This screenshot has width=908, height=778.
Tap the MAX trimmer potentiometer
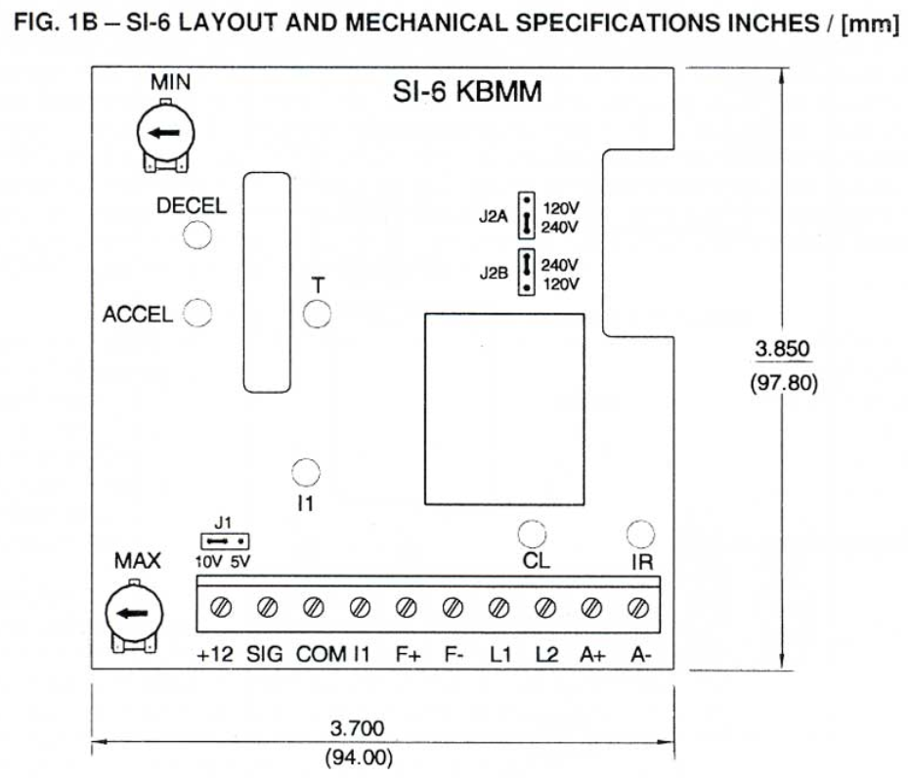click(133, 614)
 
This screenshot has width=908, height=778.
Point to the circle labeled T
click(318, 315)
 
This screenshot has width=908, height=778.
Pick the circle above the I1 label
click(306, 472)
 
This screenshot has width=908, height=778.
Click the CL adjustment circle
click(532, 534)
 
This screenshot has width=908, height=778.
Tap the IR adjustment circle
click(640, 534)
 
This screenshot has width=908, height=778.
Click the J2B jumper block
click(526, 273)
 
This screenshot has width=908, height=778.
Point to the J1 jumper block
click(224, 540)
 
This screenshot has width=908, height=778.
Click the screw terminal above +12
click(221, 608)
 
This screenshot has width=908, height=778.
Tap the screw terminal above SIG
click(266, 608)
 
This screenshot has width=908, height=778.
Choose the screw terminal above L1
click(498, 608)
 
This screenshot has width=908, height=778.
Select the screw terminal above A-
click(640, 608)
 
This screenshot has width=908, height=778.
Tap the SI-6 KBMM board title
click(465, 93)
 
